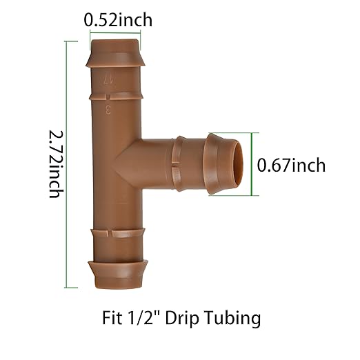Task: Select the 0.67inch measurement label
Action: pos(290,166)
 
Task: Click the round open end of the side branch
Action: pos(238,165)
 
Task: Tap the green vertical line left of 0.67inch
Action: pos(252,164)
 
